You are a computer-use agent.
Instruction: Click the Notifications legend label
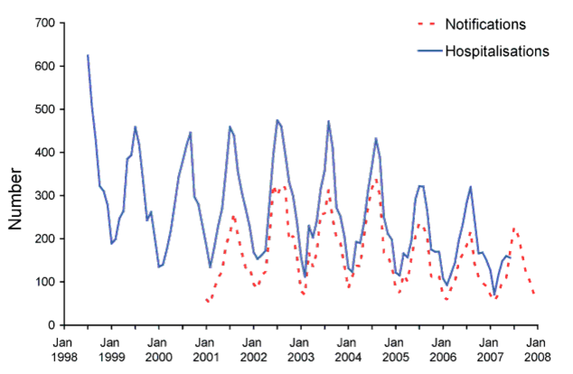[x=485, y=24]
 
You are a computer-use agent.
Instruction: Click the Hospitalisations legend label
[x=497, y=51]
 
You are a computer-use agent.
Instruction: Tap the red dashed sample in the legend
[x=427, y=24]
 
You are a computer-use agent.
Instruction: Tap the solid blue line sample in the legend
[x=430, y=51]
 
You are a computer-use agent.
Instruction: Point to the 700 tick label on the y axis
[x=45, y=23]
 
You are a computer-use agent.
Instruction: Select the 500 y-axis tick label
[x=45, y=109]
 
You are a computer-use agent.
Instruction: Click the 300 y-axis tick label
[x=45, y=196]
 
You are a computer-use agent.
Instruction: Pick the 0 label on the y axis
[x=52, y=325]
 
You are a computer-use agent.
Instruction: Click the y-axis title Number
[x=15, y=199]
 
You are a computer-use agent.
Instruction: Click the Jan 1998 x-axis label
[x=64, y=350]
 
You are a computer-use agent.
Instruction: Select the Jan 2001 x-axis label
[x=206, y=350]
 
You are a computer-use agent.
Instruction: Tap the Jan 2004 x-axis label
[x=348, y=350]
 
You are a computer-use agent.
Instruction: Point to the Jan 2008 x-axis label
[x=537, y=350]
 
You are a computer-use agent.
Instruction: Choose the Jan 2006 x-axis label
[x=443, y=350]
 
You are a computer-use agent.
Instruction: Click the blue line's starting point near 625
[x=88, y=55]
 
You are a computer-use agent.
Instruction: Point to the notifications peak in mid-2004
[x=376, y=180]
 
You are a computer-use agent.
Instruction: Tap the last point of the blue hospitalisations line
[x=510, y=257]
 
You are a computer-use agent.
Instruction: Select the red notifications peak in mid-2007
[x=514, y=228]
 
